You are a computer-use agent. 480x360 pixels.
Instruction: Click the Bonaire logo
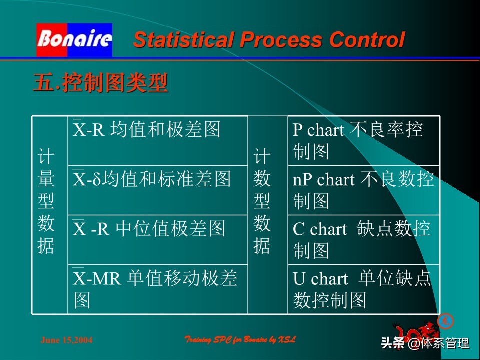point(74,40)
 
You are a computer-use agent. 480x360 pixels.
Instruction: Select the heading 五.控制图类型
point(100,83)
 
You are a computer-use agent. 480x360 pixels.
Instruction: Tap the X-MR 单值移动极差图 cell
point(157,289)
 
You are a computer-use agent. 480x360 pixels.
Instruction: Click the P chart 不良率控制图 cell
point(363,141)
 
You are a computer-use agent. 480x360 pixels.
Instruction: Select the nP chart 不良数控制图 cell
point(363,190)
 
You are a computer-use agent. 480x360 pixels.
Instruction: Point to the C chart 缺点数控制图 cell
point(363,240)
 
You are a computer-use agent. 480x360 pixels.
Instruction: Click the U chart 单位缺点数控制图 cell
point(363,289)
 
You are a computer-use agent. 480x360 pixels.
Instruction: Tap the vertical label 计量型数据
point(46,202)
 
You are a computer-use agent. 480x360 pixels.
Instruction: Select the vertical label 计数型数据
point(262,202)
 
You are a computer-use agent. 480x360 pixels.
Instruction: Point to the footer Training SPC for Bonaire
point(240,340)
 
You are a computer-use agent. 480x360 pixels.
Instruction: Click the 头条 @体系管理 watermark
point(425,343)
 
